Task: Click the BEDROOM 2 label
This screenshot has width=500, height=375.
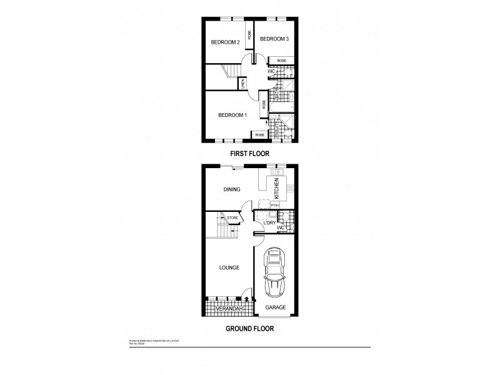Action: (x=225, y=42)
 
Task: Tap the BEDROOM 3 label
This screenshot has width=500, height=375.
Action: (x=274, y=39)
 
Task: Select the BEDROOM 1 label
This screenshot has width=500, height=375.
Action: (x=232, y=115)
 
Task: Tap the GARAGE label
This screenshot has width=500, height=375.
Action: (x=275, y=307)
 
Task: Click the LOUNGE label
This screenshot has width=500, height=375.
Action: (x=229, y=267)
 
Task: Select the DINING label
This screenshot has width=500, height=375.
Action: (x=232, y=189)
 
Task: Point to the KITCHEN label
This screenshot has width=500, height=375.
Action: (x=276, y=188)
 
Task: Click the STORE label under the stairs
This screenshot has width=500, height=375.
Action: (x=232, y=217)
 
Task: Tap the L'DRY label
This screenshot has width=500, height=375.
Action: (x=269, y=222)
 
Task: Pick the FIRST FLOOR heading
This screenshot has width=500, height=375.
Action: (x=249, y=152)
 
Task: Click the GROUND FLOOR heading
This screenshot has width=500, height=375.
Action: (x=249, y=327)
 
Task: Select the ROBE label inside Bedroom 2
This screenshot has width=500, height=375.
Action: (x=249, y=36)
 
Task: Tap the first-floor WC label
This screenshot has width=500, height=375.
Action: (x=271, y=71)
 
